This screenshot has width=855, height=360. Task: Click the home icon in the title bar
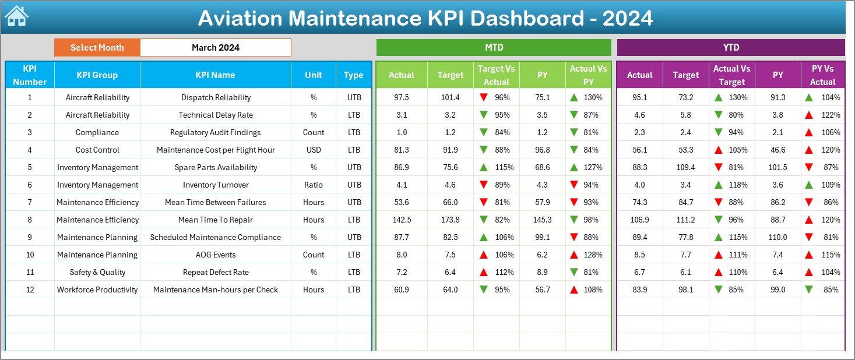coord(16,17)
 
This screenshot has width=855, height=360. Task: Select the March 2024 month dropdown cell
coord(215,48)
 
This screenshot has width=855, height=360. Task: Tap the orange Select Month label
coord(97,48)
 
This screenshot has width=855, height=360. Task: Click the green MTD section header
coord(494,48)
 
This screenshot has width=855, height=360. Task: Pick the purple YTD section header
coord(731,48)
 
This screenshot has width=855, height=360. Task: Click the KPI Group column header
coord(97,75)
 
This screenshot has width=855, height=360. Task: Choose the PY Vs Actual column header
coord(822,75)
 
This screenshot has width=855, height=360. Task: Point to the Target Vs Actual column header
coord(496,75)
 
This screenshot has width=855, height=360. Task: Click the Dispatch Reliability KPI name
coord(216,97)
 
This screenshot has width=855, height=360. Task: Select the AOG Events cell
coord(216,255)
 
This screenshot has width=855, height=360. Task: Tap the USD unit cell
coord(314,150)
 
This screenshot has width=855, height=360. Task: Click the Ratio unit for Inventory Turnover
coord(314,185)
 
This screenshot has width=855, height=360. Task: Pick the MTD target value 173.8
coord(451,220)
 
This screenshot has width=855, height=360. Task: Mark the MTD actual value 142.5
coord(402,220)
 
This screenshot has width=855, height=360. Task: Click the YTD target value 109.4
coord(685,167)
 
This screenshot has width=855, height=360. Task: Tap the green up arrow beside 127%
coord(575,167)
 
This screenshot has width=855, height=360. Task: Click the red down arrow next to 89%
coord(483,185)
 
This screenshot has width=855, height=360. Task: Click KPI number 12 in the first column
coord(30,290)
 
